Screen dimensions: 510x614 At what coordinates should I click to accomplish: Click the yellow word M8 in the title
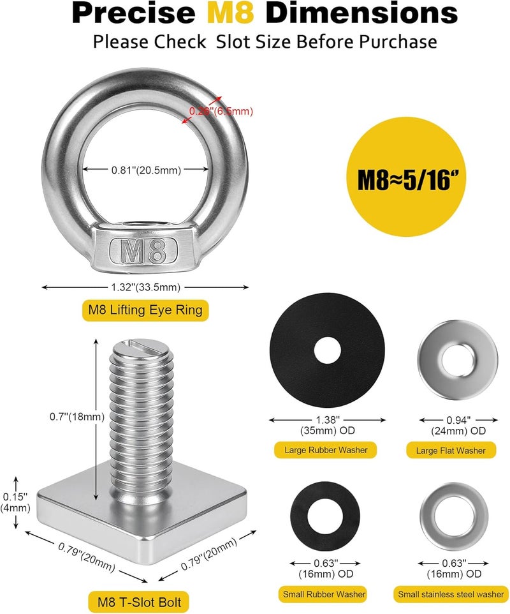click(x=230, y=13)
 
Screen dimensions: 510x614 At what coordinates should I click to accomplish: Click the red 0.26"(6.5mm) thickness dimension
click(x=221, y=111)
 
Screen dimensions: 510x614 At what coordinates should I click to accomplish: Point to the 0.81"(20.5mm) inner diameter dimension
click(x=146, y=170)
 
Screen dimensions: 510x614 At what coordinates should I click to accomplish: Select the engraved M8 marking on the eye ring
click(x=143, y=250)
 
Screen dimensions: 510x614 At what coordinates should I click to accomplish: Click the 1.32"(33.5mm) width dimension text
click(x=145, y=287)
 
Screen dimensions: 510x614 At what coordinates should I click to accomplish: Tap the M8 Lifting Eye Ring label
click(x=145, y=310)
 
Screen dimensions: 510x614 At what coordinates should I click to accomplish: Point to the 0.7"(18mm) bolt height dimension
click(x=77, y=417)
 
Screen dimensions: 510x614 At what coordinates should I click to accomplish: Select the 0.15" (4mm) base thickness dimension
click(x=15, y=502)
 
